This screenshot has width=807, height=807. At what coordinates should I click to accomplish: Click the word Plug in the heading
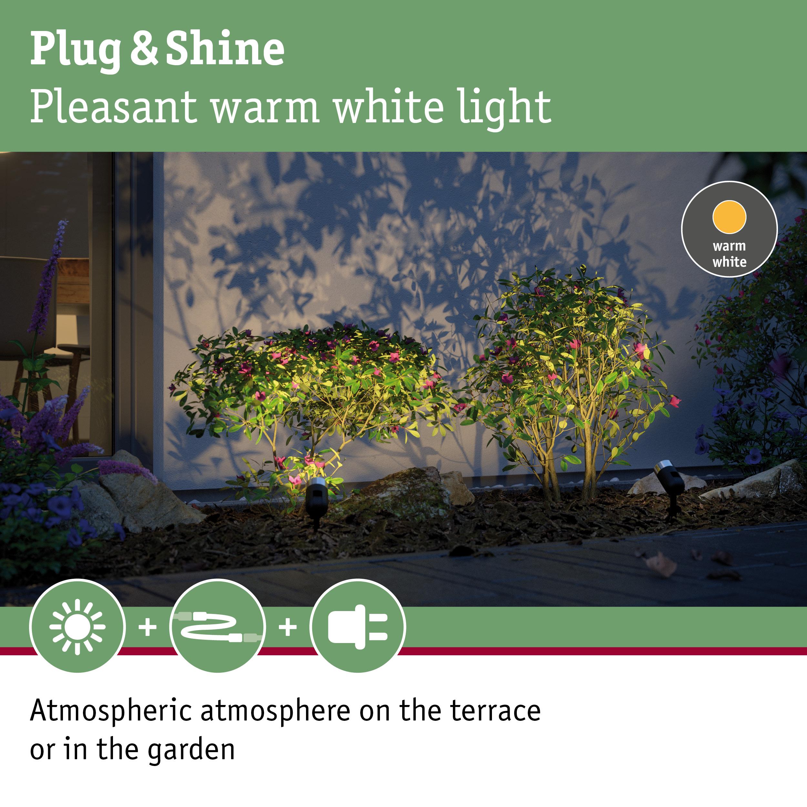75,50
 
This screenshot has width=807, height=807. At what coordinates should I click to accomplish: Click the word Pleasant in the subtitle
113,107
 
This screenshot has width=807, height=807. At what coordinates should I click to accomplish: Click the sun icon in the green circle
77,627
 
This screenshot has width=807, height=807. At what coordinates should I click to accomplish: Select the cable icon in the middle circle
218,627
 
